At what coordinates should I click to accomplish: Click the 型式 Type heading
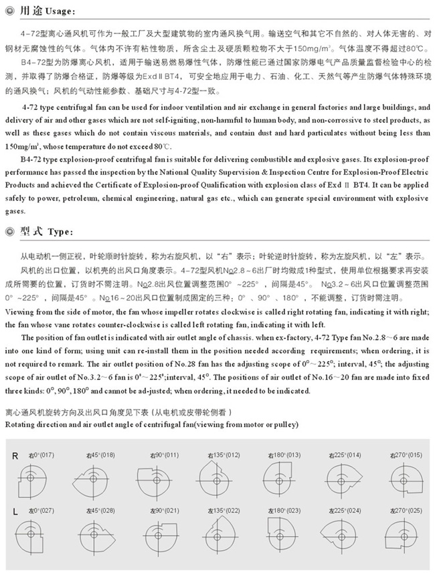tap(44, 231)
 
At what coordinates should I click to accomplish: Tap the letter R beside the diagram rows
tap(15, 456)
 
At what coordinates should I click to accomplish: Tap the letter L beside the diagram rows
tap(15, 511)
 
